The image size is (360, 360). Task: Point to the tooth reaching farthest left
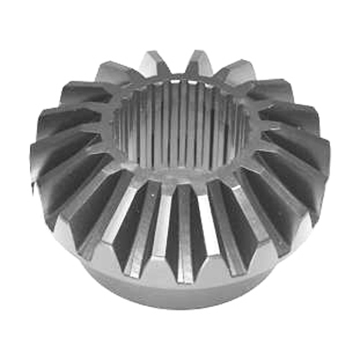(43, 163)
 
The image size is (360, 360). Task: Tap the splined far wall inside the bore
(180, 111)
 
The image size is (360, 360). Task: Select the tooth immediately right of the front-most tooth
(221, 225)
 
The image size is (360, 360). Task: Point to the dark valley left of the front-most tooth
(164, 227)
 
